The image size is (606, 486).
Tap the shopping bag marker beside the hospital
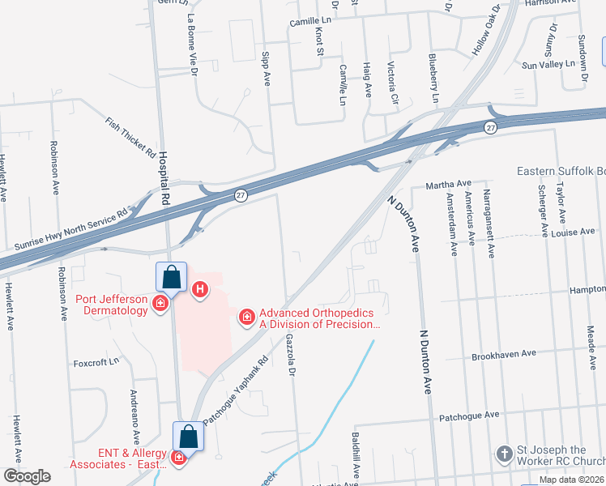[172, 278]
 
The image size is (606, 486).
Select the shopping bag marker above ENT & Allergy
[188, 437]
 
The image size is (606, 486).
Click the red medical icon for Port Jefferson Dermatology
[160, 304]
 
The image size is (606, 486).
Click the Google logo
[27, 475]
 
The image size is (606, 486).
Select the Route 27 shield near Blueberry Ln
[490, 128]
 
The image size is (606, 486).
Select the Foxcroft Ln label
[96, 361]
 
